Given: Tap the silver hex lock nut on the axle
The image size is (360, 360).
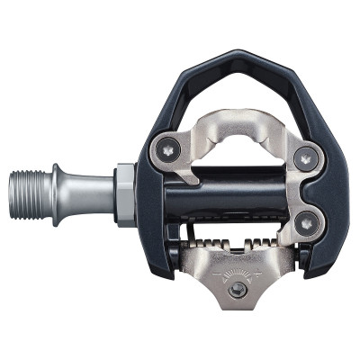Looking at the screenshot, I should click(x=126, y=193).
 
